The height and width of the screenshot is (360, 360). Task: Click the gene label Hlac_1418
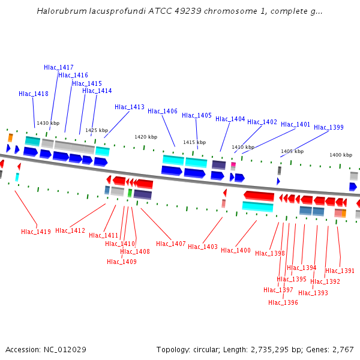click(34, 94)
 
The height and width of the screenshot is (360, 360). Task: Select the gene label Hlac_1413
click(130, 107)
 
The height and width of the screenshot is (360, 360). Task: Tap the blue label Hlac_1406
click(163, 112)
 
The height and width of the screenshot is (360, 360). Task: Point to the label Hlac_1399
click(329, 128)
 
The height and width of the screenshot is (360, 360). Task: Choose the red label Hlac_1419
click(36, 232)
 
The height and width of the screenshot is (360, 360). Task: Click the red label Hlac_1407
click(171, 244)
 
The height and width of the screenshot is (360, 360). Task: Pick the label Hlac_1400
click(236, 251)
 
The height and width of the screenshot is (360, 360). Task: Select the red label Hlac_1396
click(283, 303)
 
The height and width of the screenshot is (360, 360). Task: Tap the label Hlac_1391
click(340, 271)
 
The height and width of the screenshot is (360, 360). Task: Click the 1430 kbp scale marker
click(48, 124)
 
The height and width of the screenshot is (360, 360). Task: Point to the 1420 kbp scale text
click(146, 137)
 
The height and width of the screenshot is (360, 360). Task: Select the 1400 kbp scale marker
click(341, 155)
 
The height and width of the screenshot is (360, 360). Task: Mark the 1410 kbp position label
click(243, 147)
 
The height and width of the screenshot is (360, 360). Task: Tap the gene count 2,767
click(342, 350)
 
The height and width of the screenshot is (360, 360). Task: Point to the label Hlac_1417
click(59, 68)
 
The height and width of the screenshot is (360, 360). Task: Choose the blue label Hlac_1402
click(262, 122)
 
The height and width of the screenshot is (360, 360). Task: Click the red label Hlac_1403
click(203, 247)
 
